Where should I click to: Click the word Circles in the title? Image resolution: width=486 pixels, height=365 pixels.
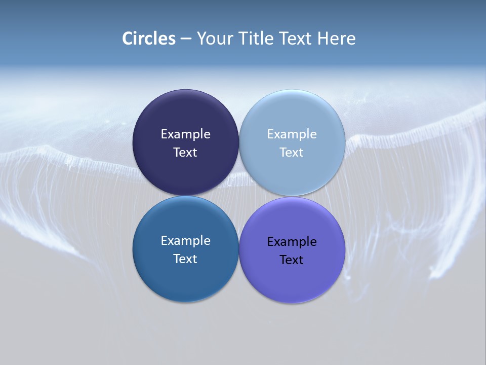point(149,39)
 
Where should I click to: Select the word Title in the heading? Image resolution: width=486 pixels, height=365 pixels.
point(255,39)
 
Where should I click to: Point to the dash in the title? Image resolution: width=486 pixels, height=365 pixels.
point(186,39)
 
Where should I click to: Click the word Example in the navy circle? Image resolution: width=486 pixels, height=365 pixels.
point(185,134)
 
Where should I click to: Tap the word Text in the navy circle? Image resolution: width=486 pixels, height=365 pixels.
point(185,152)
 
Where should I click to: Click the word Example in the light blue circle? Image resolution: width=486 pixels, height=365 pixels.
point(292,134)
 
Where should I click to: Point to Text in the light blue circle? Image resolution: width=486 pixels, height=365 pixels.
point(292,152)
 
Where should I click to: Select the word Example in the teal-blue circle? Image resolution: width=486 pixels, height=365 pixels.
point(185,240)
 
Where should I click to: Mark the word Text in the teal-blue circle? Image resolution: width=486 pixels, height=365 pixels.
point(185,259)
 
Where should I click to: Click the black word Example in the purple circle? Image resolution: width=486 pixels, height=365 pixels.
point(292,241)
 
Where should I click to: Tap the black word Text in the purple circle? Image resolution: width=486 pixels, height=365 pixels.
point(292,260)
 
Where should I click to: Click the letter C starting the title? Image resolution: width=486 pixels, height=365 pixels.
point(128,39)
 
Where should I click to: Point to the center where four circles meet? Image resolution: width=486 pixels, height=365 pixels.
point(239,196)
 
